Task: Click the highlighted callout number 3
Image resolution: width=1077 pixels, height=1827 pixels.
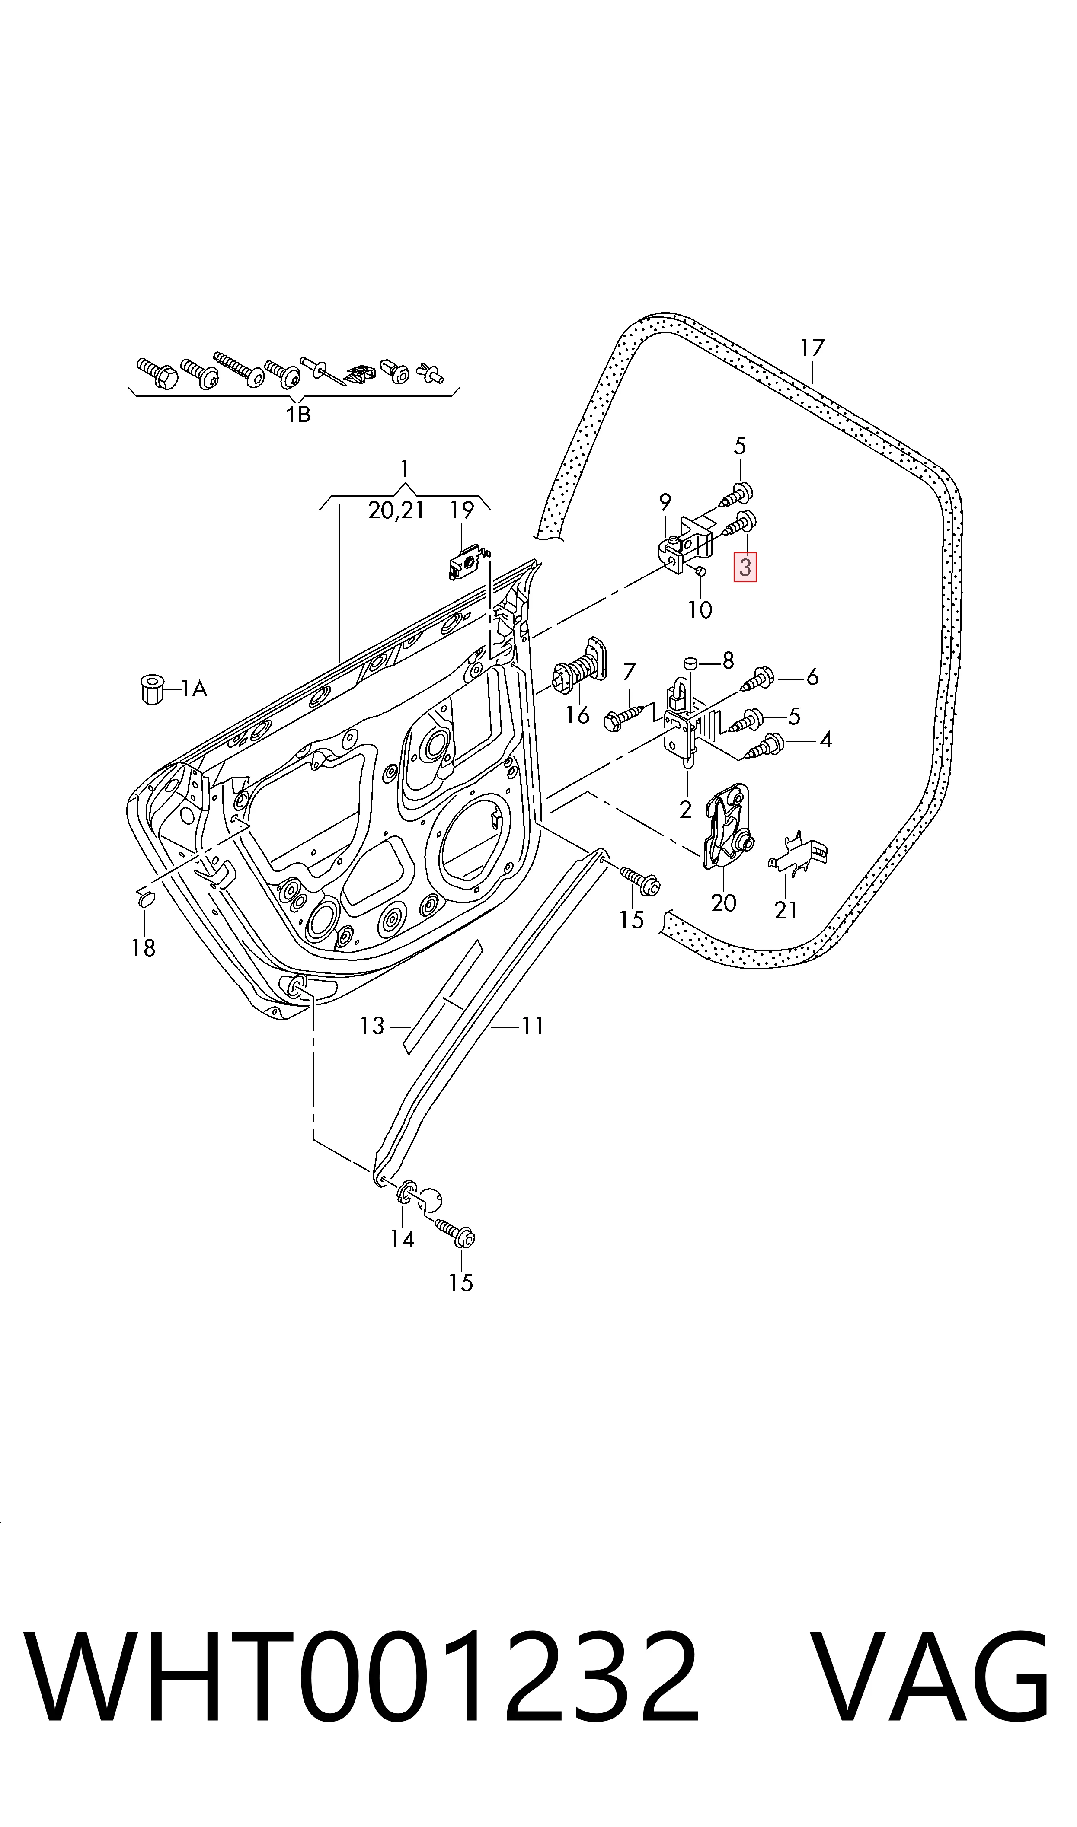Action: click(x=745, y=567)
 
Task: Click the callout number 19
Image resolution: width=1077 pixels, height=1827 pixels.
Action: click(x=462, y=510)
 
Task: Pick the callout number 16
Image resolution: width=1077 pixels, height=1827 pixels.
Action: click(x=578, y=715)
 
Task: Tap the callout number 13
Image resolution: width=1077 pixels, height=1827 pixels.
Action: click(x=372, y=1026)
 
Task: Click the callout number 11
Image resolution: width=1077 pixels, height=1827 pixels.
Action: click(x=533, y=1026)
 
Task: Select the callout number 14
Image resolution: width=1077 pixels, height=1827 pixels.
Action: click(x=402, y=1238)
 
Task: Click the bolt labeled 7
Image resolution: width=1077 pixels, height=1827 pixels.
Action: click(x=624, y=717)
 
